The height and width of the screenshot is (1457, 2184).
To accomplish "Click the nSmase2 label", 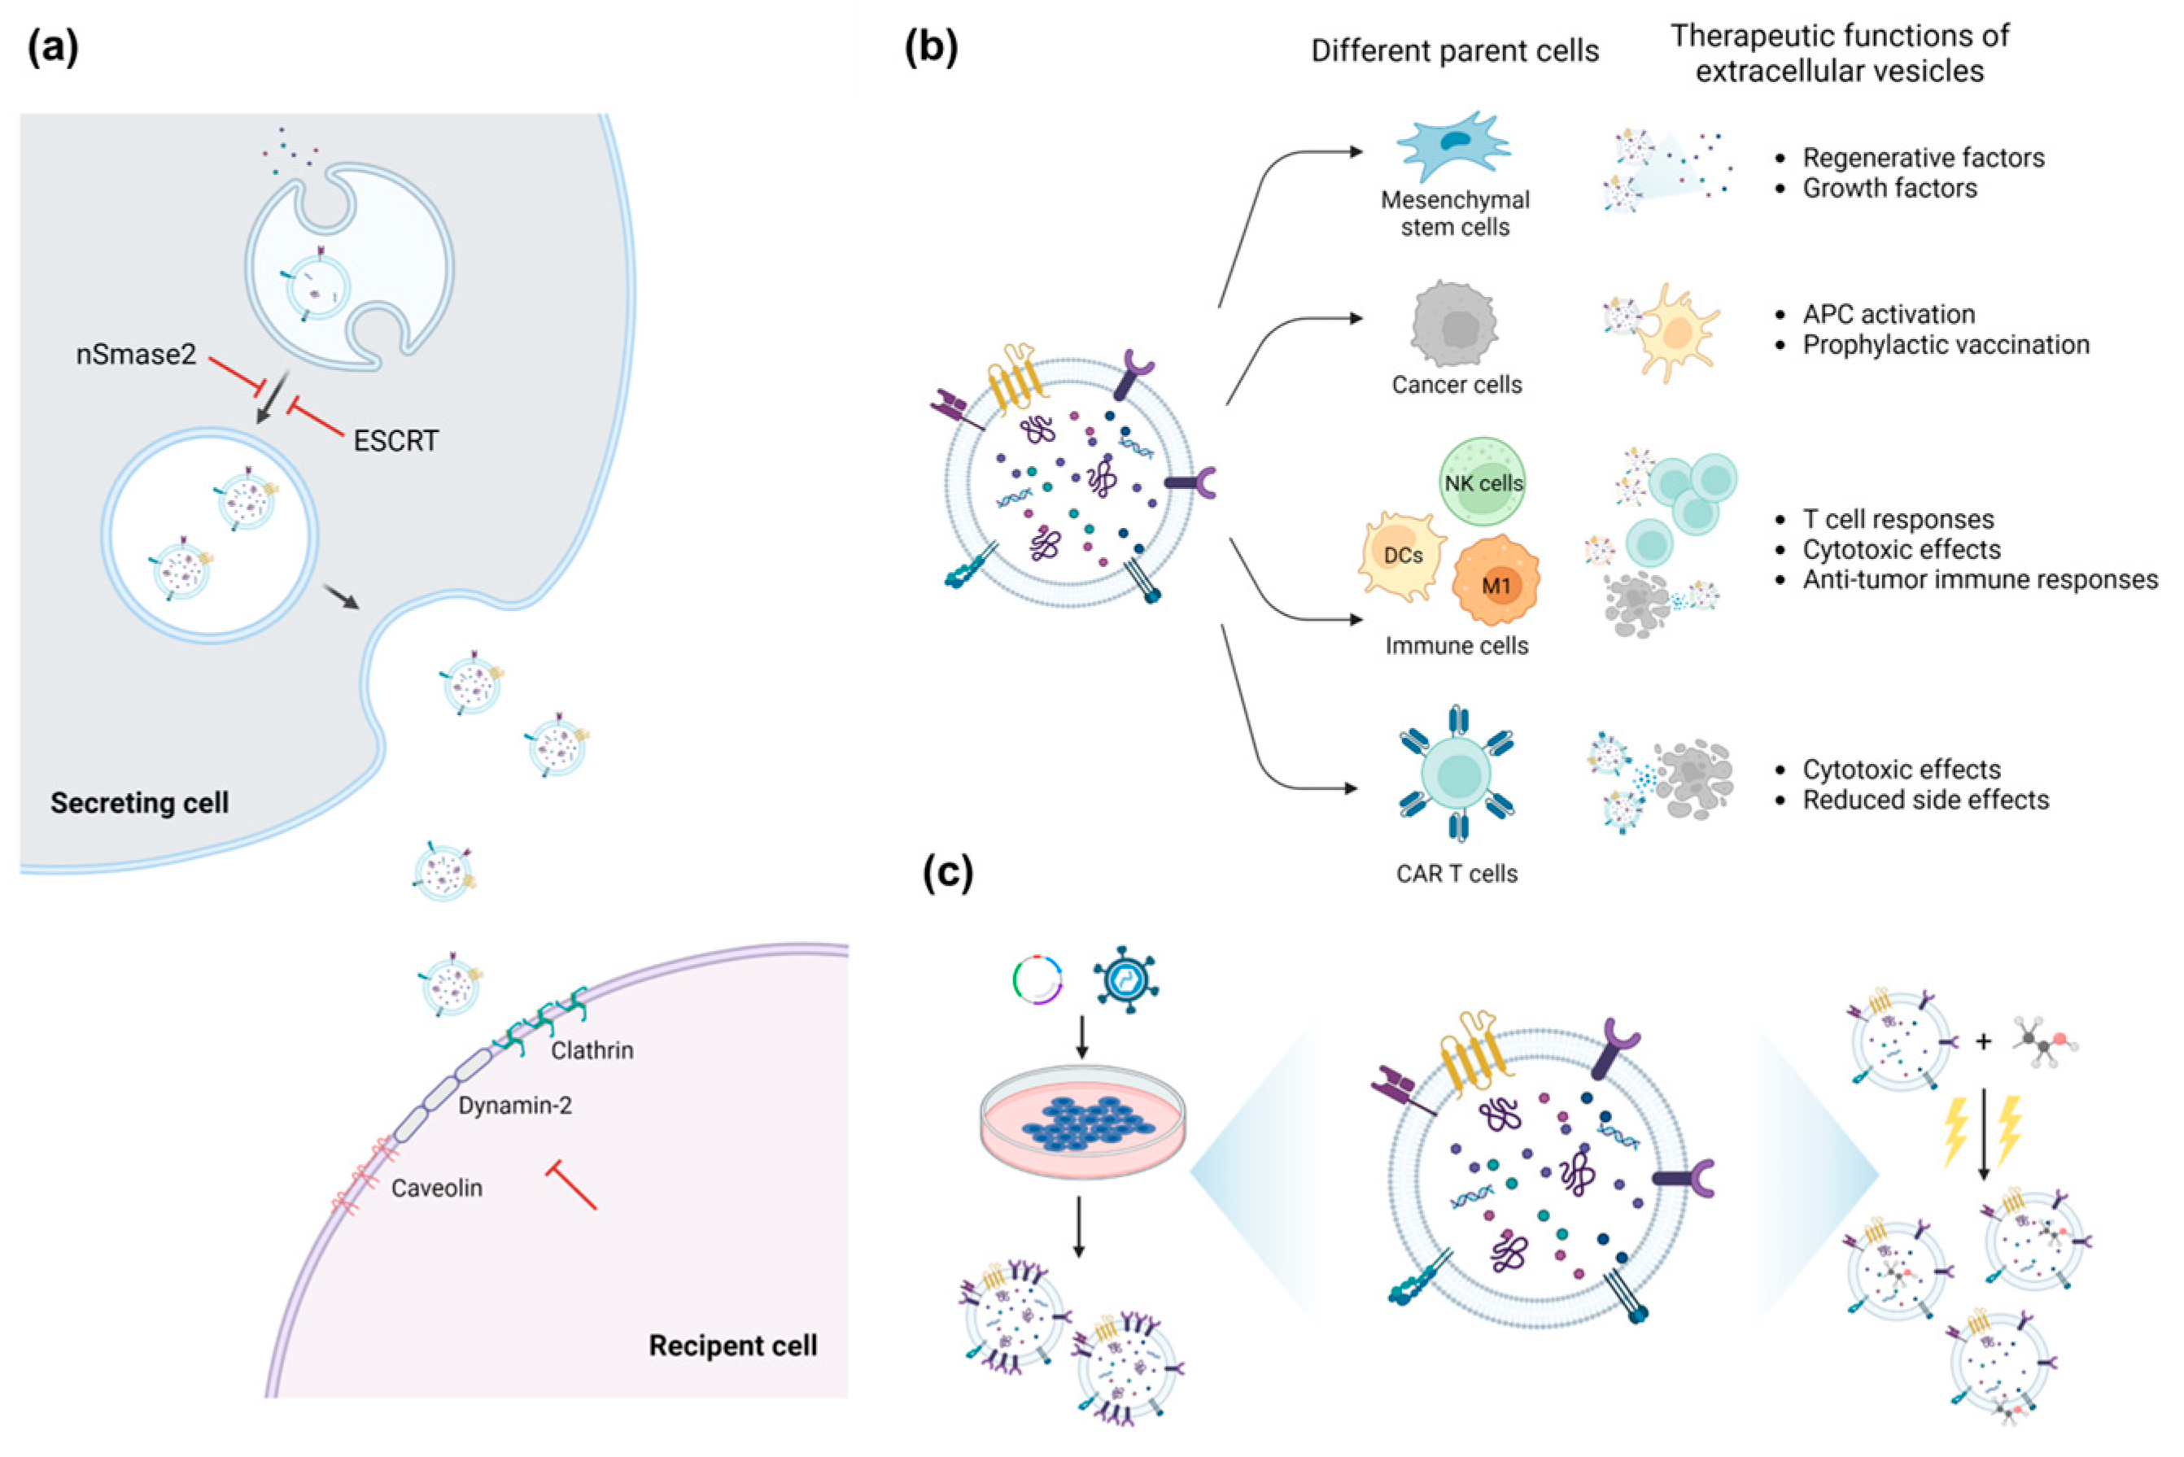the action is pos(137,355).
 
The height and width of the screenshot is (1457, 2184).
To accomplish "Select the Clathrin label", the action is pos(592,1051).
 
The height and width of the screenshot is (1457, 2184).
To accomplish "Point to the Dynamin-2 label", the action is pos(515,1106).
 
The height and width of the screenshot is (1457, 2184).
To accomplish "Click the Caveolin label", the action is pos(437,1189).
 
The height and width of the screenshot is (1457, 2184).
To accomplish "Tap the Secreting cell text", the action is pos(139,803).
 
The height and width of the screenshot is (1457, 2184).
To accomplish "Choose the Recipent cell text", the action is pos(733,1346).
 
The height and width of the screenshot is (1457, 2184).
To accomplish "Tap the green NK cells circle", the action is pos(1483,482).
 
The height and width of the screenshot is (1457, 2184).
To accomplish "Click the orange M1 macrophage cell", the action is pos(1496,581).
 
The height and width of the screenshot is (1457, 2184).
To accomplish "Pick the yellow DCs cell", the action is pos(1402,556).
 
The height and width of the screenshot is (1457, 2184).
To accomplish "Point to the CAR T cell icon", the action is pos(1457,773).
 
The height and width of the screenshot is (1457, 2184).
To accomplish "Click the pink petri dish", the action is pos(1083,1122).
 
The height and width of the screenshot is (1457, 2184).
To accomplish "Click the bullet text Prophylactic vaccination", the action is pos(1946,346).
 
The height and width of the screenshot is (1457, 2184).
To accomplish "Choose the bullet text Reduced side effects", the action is pos(1925,800).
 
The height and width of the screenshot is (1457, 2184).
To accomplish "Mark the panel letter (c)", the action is pos(948,873).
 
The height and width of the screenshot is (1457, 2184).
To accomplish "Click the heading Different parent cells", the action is pos(1454,51).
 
